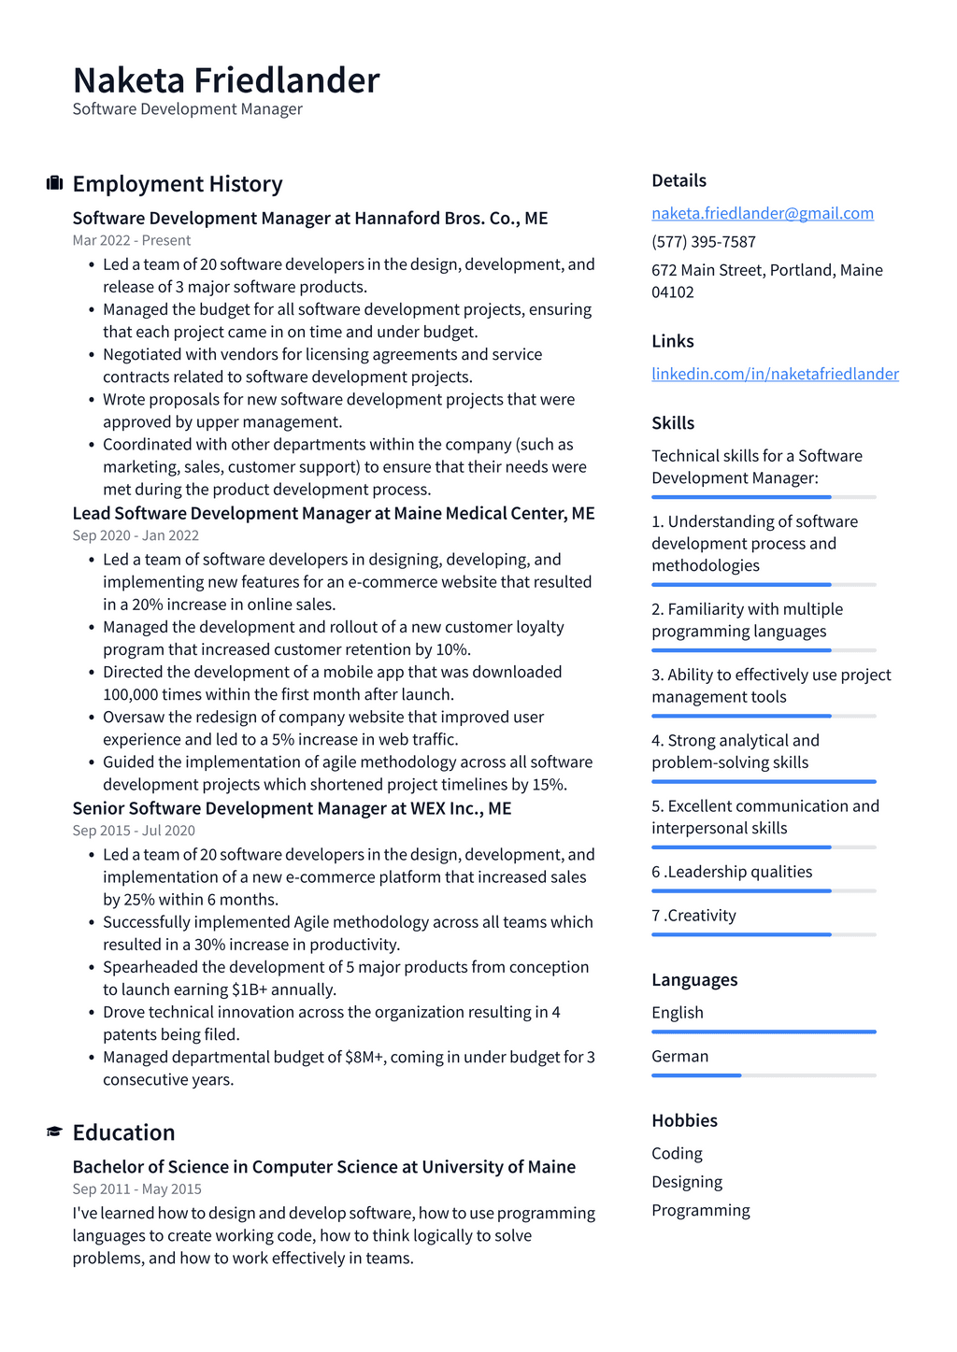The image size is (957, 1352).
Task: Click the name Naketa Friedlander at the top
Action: point(226,80)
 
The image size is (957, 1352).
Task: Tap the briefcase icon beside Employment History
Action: point(54,183)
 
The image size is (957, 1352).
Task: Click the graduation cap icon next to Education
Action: point(54,1132)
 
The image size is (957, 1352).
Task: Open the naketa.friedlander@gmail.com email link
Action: point(763,213)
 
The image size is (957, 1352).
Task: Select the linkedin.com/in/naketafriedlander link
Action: point(775,374)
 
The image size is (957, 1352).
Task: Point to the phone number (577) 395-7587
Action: point(704,241)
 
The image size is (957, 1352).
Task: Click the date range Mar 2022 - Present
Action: point(132,240)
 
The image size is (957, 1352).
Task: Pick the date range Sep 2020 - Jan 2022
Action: point(136,535)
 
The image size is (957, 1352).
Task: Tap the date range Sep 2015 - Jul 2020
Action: point(134,831)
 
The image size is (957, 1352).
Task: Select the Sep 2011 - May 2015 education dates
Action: point(136,1189)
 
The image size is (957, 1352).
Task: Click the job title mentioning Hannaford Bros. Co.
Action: point(310,218)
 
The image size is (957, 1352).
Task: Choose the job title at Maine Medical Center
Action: point(334,513)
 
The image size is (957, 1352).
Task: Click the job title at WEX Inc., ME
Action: point(292,808)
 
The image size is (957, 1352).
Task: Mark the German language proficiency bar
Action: point(764,1075)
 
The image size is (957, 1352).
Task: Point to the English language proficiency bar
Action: point(764,1032)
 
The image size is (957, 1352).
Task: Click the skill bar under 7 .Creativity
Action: point(764,934)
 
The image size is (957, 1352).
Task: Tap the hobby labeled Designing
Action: point(687,1182)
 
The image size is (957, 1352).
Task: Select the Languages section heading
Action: point(694,979)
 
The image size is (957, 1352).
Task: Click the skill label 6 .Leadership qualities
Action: point(732,872)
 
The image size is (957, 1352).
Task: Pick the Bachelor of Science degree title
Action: point(324,1167)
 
